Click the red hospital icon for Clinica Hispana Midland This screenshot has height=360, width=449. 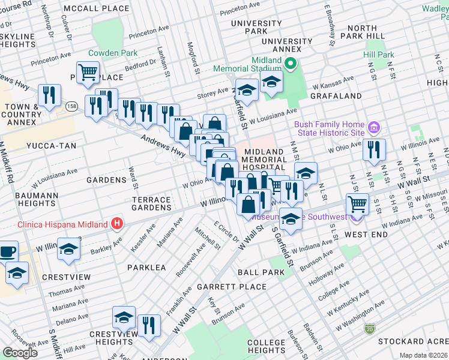(x=118, y=224)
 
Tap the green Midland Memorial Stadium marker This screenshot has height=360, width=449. (x=291, y=64)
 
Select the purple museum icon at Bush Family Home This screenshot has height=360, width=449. (x=374, y=128)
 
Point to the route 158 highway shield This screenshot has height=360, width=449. (x=70, y=107)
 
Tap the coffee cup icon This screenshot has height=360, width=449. (x=7, y=251)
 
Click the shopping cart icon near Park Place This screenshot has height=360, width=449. (x=88, y=72)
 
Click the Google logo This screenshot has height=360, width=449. (x=20, y=353)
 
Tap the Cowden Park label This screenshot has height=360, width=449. (x=113, y=53)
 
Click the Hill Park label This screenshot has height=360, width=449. (x=378, y=55)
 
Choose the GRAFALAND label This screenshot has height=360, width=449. (x=336, y=95)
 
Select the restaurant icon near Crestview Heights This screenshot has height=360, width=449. (x=149, y=325)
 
